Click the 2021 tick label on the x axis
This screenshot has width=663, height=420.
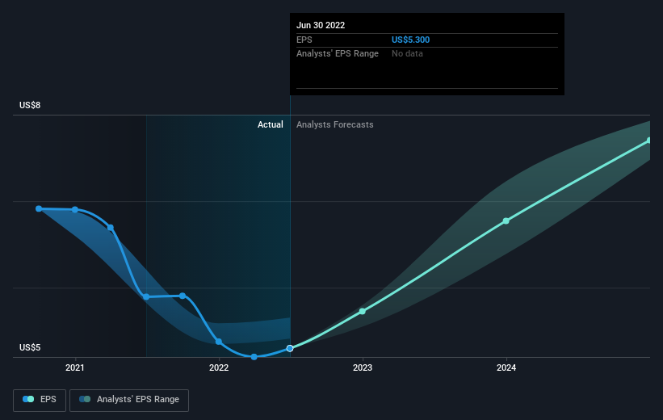tap(75, 367)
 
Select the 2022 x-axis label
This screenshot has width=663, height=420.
tap(219, 367)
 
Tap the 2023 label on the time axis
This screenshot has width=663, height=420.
tap(363, 367)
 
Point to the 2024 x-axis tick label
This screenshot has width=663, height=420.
tap(506, 367)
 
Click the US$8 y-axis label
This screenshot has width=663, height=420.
tap(30, 105)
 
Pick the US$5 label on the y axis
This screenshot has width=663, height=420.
tap(30, 347)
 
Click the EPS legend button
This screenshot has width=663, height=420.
tap(40, 400)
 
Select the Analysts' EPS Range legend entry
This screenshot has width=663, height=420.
tap(129, 400)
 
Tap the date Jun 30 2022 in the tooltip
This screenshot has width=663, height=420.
tap(321, 25)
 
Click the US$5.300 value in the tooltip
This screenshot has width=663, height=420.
tap(410, 40)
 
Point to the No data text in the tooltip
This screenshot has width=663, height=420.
tap(407, 53)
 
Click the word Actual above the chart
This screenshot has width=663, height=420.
tap(271, 124)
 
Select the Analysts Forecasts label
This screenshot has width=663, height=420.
tap(335, 124)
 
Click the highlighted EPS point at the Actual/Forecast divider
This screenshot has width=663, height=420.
tap(290, 349)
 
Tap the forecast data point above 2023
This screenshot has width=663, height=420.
tap(363, 311)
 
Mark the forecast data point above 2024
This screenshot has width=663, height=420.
tap(506, 220)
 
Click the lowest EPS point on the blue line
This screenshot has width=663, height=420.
tap(254, 357)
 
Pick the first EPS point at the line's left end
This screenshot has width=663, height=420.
tap(39, 208)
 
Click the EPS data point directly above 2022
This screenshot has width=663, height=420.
tap(219, 342)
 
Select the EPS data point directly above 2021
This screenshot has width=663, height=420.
tap(75, 209)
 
